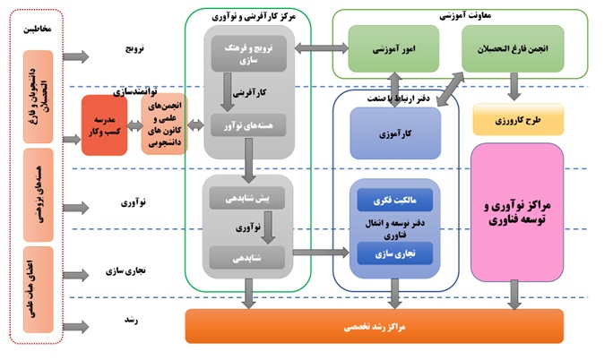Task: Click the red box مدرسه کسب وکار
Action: point(104,124)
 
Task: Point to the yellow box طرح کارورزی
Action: point(517,119)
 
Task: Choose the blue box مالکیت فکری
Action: point(394,200)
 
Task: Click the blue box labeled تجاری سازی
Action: point(394,254)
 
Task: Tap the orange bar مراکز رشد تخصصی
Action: point(374,327)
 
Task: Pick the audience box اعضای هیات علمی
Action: point(34,278)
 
